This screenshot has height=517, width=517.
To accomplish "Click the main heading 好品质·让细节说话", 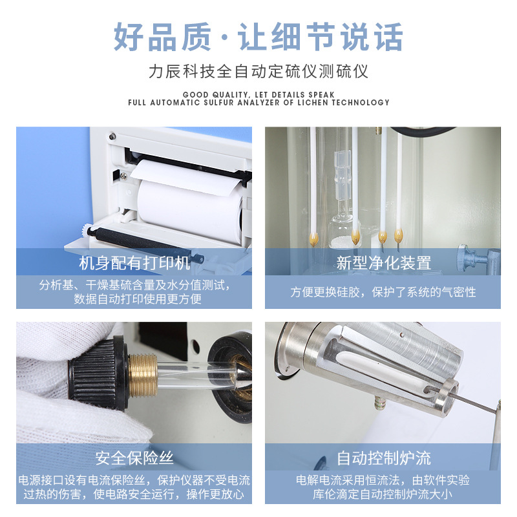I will point(258,37).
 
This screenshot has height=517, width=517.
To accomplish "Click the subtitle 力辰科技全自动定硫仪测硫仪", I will point(258,70).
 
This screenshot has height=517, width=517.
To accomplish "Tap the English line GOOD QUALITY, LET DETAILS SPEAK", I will point(258,94).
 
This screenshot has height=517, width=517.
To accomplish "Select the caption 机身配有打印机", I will point(134,263).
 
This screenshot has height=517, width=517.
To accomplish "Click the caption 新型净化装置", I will point(383,263).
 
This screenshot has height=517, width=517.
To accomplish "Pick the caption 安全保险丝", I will point(134,458).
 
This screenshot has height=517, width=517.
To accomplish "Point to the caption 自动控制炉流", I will point(383,458).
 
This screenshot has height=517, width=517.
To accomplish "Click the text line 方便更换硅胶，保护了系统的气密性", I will point(383,292).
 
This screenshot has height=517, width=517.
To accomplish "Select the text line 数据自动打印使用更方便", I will point(134,299).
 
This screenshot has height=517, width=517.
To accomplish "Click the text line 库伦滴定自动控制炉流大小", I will point(383,494).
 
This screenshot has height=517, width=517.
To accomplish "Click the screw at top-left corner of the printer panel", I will point(112,136).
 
